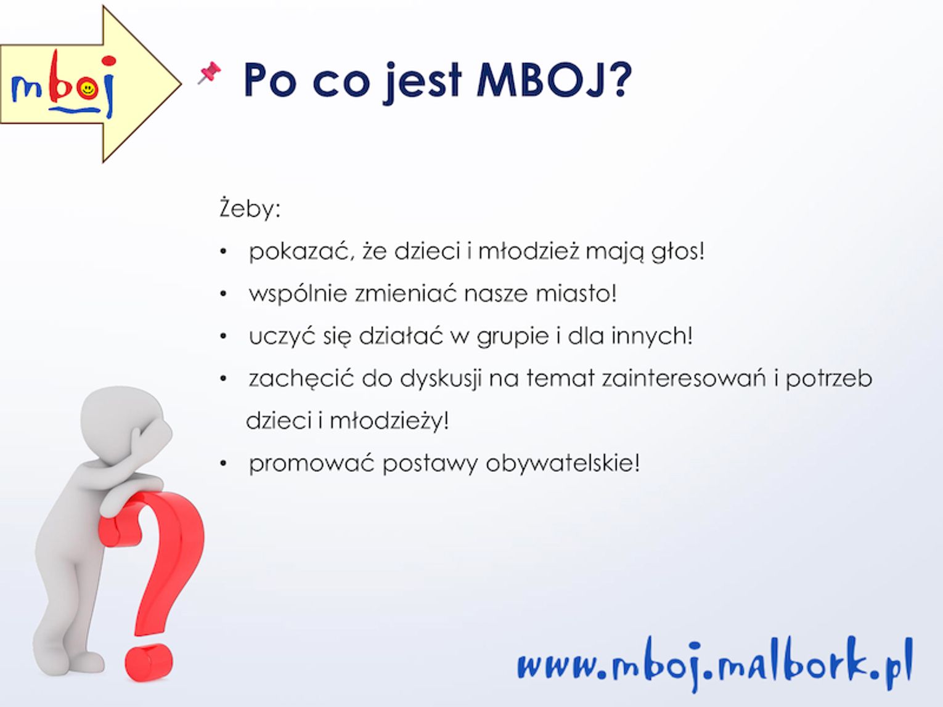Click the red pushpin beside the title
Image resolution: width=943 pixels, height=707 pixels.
click(x=210, y=73)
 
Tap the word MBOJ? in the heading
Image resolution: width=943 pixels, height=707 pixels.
click(x=554, y=80)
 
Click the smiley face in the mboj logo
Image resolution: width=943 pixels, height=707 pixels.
click(x=88, y=89)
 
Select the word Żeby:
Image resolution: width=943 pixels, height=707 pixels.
click(x=250, y=209)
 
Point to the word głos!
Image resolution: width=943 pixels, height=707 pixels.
click(x=677, y=251)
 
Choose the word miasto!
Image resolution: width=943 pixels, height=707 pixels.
click(x=576, y=294)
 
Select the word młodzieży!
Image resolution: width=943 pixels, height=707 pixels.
click(x=389, y=421)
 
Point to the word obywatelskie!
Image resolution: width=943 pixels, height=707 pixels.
click(x=562, y=463)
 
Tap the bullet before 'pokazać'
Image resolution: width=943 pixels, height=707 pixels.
click(x=223, y=252)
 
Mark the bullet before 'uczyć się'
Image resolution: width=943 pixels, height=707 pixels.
click(x=223, y=336)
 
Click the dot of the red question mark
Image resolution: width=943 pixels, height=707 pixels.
click(x=149, y=663)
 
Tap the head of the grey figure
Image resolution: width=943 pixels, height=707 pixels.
click(x=125, y=425)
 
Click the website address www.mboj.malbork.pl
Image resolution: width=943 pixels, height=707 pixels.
click(x=715, y=664)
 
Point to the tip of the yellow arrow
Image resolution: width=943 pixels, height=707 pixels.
click(x=181, y=83)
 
